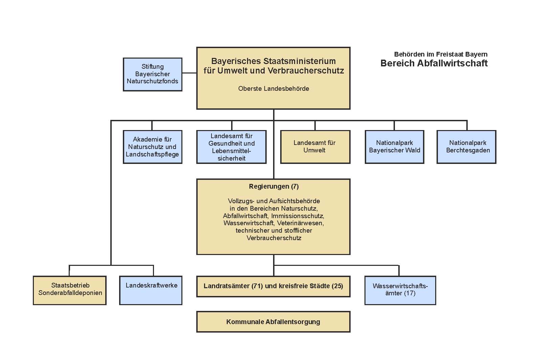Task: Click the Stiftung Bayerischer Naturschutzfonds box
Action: [153, 74]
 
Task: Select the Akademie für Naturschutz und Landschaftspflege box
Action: [153, 147]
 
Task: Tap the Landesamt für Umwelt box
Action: [315, 147]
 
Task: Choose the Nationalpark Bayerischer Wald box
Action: [395, 147]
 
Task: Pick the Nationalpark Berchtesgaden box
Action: [467, 147]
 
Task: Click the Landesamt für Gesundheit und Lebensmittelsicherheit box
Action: [231, 147]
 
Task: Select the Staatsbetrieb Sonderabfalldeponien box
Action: [70, 291]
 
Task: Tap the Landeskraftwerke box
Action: [151, 291]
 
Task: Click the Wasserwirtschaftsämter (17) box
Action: [400, 291]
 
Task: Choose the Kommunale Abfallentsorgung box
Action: [273, 322]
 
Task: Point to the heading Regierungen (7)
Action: [274, 186]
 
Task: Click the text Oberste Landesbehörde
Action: [274, 89]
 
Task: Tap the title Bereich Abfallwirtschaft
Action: [434, 63]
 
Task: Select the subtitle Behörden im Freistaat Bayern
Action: [441, 54]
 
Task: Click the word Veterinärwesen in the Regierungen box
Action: [300, 223]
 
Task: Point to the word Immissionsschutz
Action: [298, 216]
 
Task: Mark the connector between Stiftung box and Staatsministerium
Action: [190, 73]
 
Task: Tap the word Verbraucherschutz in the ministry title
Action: [306, 71]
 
